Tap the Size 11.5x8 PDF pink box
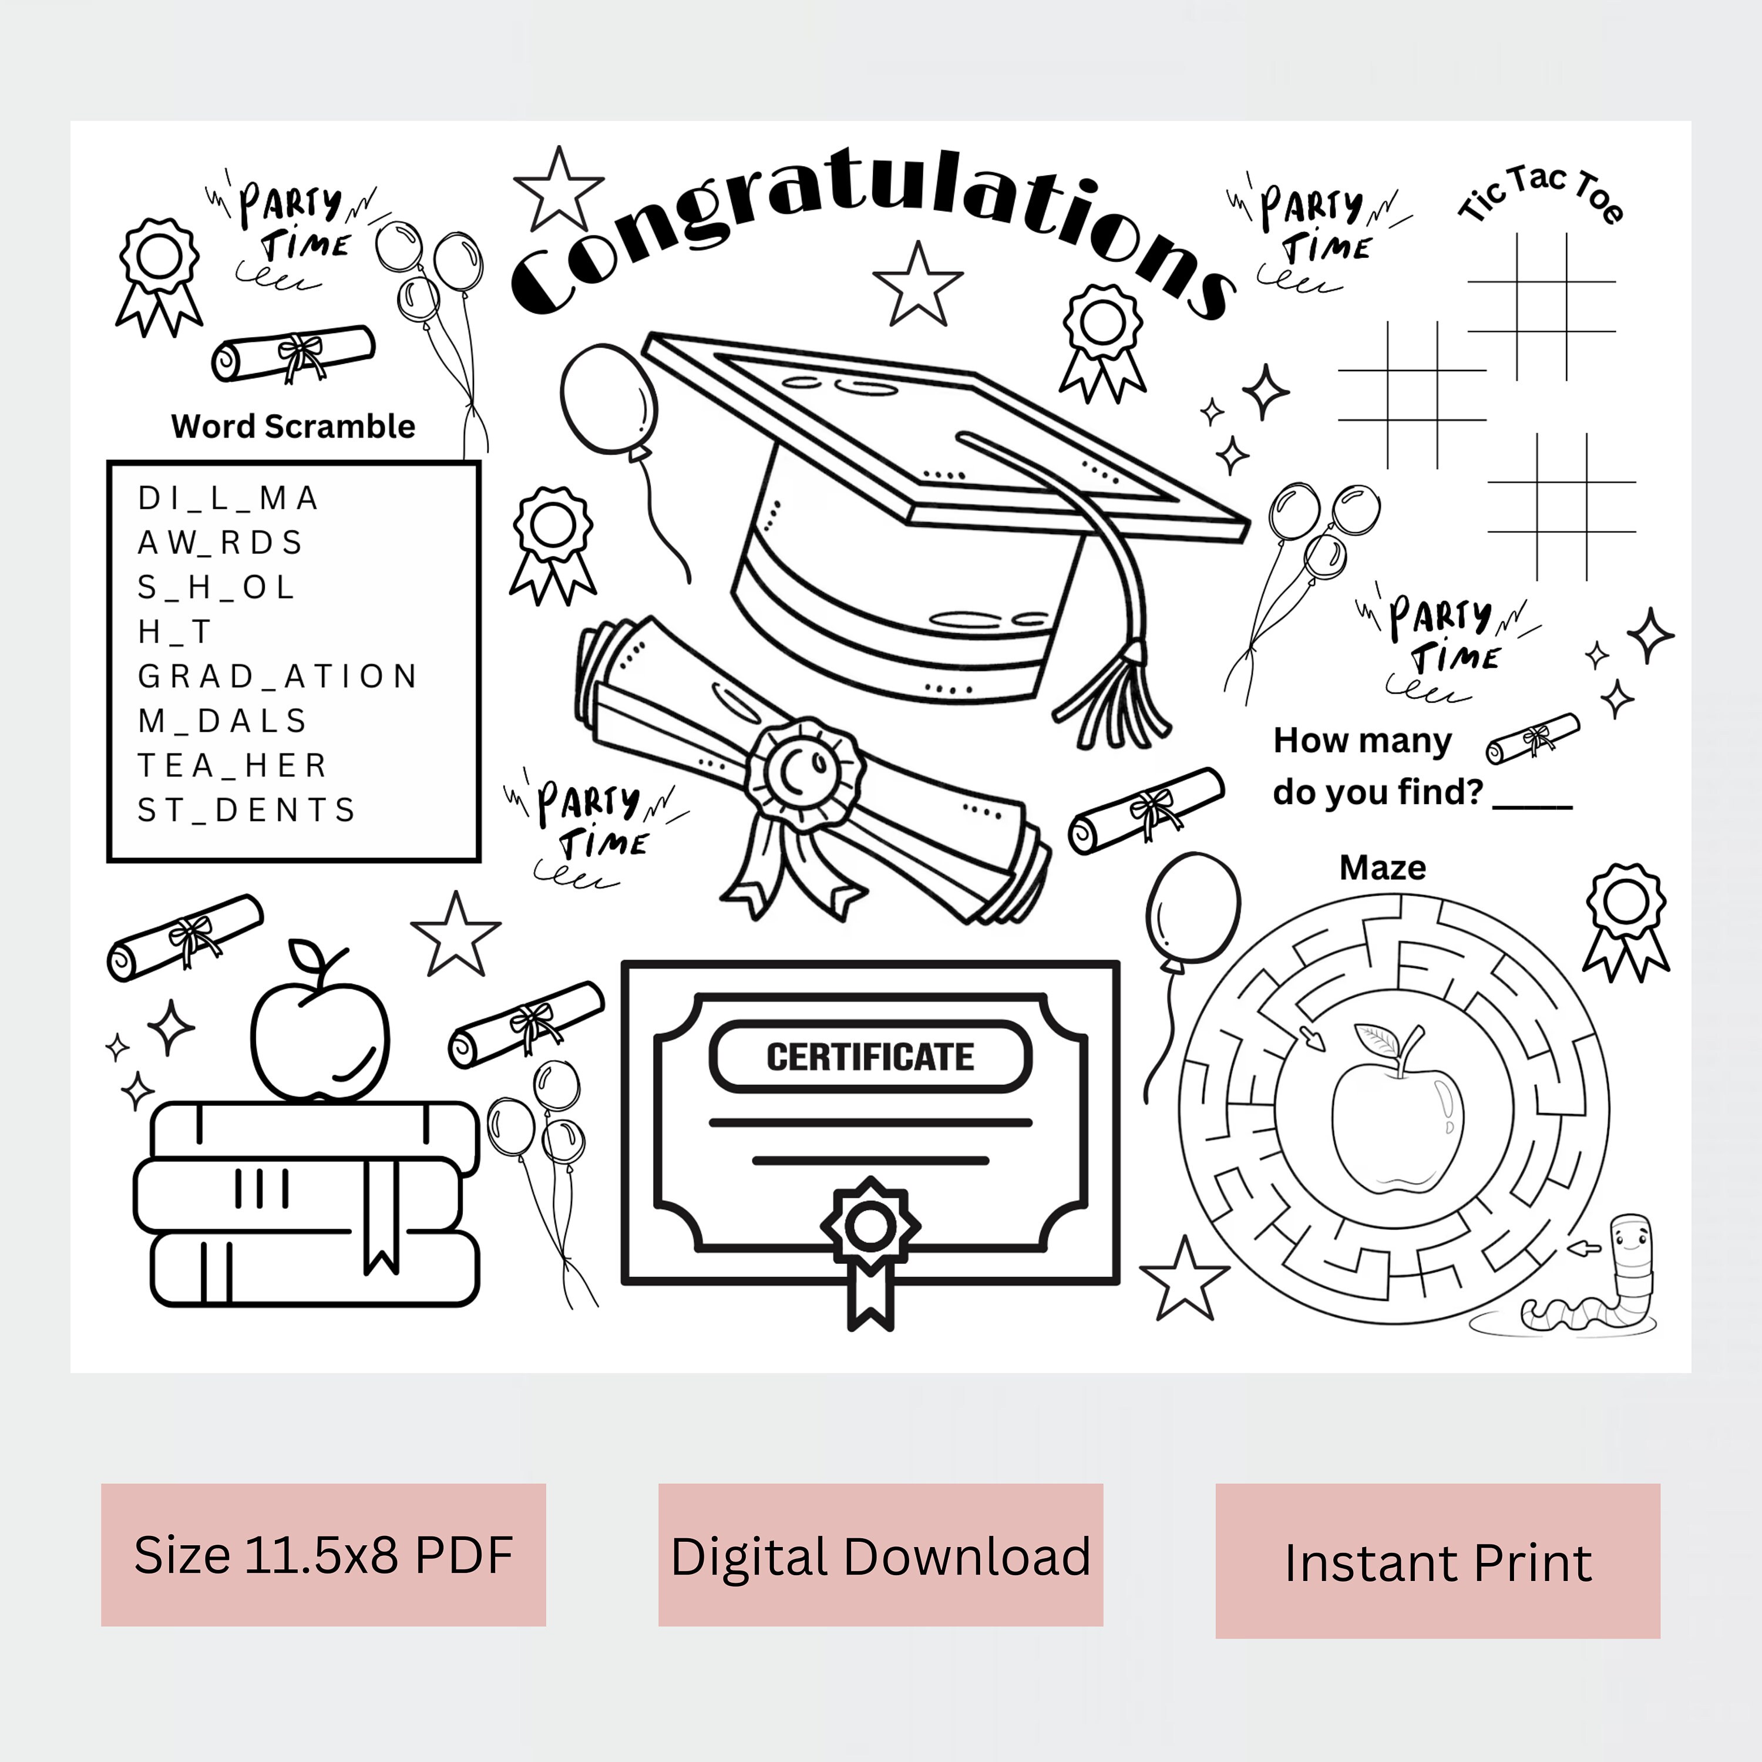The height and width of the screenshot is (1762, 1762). (x=323, y=1555)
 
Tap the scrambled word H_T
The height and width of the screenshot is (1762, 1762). (x=174, y=631)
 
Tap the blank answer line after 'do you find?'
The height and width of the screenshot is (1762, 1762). (x=1532, y=802)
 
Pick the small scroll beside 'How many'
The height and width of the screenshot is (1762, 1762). (x=1532, y=739)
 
